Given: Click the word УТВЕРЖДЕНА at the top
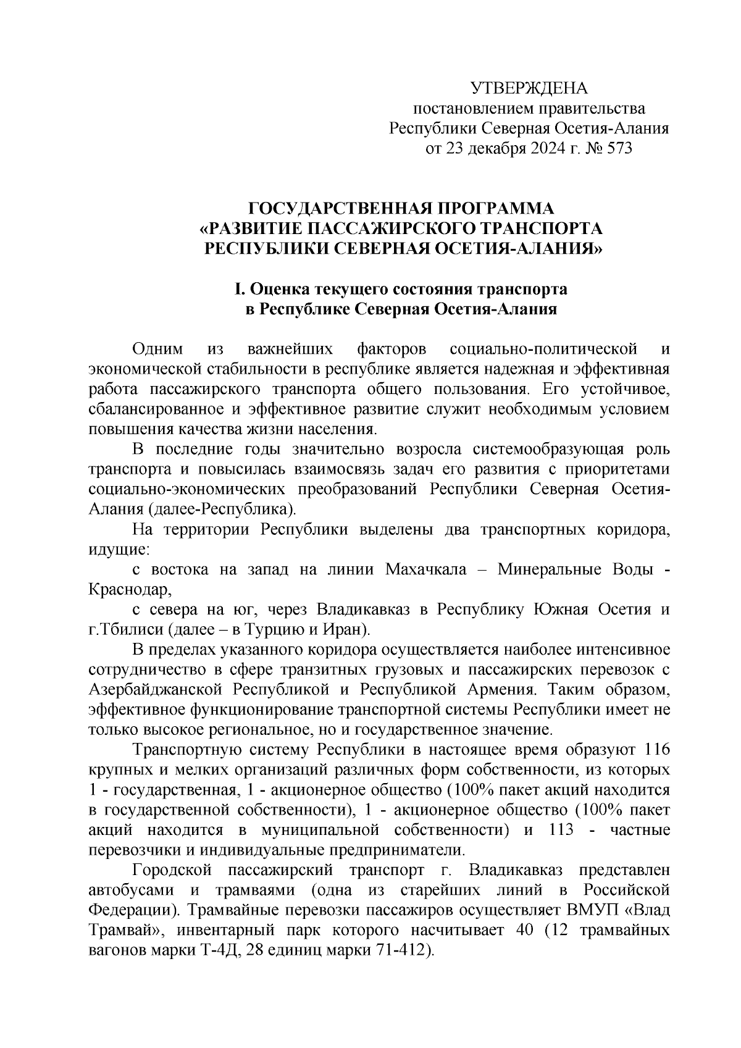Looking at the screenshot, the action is (529, 88).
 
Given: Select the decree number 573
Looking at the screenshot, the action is (619, 149).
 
